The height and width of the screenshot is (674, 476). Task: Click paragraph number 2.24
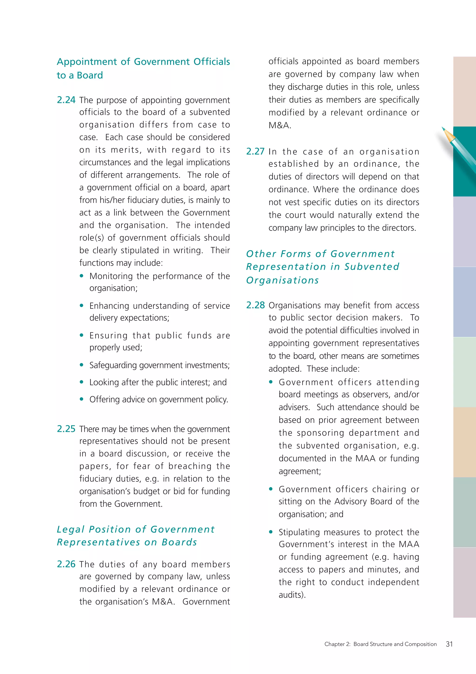click(x=66, y=100)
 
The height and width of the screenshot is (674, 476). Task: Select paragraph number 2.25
click(x=66, y=429)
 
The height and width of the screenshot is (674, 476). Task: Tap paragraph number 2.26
click(x=66, y=564)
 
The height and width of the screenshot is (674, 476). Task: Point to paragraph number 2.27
click(x=255, y=152)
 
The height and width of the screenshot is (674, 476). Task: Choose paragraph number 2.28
click(x=255, y=305)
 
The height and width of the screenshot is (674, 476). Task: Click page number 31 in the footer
click(x=449, y=644)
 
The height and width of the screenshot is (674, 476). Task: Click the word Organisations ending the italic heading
click(x=282, y=280)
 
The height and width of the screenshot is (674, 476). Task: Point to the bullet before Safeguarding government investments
click(x=82, y=365)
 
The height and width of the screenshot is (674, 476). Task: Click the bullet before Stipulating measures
click(x=271, y=532)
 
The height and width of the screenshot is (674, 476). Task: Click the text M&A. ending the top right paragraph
click(x=280, y=126)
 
